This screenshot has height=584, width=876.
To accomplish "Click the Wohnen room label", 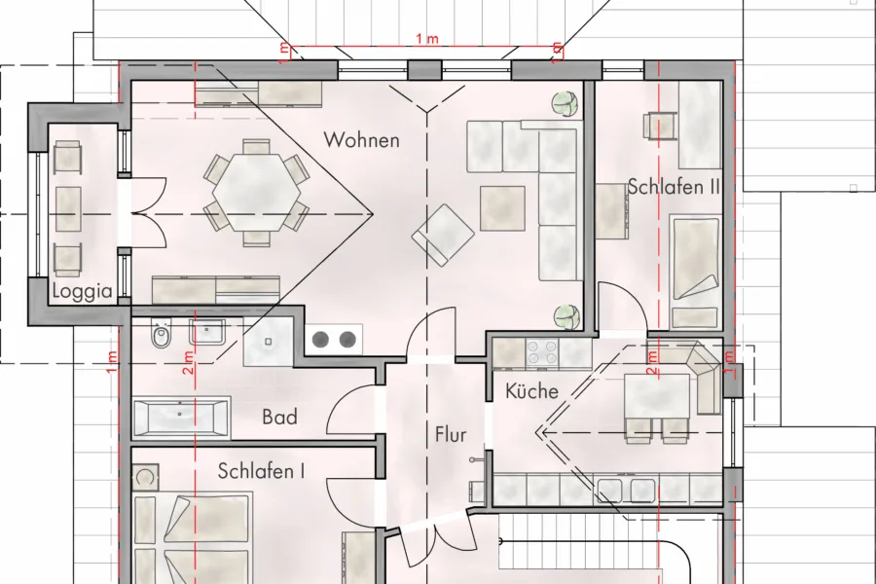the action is tap(361, 140).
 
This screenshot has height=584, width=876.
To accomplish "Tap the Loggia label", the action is tap(82, 291).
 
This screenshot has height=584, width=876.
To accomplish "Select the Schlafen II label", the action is tap(674, 187).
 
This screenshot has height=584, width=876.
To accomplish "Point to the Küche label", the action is tap(531, 390).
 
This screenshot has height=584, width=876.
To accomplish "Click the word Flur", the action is tap(451, 434).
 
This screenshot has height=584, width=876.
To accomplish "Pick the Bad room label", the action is tap(279, 417).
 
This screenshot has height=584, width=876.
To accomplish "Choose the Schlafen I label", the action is tap(262, 471).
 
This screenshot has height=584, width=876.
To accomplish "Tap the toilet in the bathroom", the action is tap(161, 335).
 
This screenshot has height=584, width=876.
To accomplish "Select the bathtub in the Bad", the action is tap(181, 417).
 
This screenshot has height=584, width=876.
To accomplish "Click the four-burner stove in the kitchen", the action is tap(542, 352).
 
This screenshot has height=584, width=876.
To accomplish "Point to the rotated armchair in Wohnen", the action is tap(444, 235).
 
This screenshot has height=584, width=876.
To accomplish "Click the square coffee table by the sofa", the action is tap(502, 208).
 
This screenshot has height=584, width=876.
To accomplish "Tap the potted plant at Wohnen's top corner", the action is tap(566, 103).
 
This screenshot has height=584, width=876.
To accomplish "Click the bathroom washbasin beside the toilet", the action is tap(206, 332).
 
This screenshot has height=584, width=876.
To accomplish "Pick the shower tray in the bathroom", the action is tap(269, 342).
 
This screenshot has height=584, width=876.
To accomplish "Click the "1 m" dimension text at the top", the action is tap(427, 39).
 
